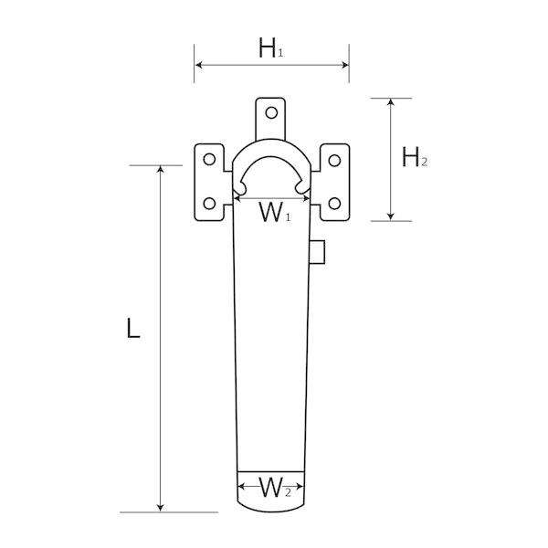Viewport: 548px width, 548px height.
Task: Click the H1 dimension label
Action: [270, 48]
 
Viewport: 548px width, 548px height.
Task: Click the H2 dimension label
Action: [415, 157]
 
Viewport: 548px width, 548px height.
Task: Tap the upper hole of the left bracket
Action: [209, 161]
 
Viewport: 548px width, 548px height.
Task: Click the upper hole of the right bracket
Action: [333, 161]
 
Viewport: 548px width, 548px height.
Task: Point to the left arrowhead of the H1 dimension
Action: [198, 65]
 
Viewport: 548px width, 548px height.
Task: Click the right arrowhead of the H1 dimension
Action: [345, 65]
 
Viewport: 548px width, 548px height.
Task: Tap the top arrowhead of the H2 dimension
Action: [391, 101]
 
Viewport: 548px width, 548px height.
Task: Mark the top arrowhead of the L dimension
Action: [162, 171]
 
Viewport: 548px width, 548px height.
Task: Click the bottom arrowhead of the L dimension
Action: [162, 507]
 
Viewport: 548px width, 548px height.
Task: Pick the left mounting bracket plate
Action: [209, 182]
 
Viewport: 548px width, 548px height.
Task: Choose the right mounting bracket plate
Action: [333, 182]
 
